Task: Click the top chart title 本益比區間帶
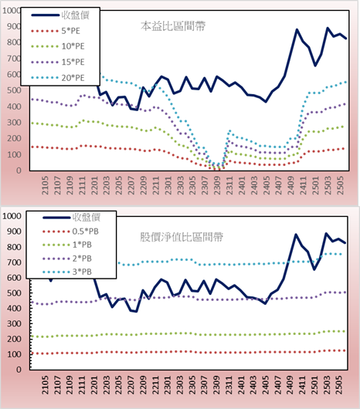(173, 26)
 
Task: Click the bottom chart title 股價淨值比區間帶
(182, 237)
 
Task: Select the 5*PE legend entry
(56, 31)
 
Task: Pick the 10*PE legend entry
(58, 46)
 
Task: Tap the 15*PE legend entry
(58, 62)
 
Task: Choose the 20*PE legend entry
(58, 78)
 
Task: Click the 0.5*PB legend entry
(70, 232)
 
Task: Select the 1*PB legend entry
(67, 245)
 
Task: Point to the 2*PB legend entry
(67, 259)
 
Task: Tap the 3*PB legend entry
(67, 272)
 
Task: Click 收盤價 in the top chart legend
(60, 15)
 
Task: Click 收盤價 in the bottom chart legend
(71, 218)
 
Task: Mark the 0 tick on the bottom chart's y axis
(19, 370)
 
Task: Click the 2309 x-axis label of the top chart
(217, 185)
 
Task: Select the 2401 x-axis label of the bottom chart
(242, 385)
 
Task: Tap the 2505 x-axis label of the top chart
(341, 185)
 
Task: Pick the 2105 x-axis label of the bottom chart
(45, 385)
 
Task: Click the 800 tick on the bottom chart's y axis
(14, 247)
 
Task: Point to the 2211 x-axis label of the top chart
(156, 185)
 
